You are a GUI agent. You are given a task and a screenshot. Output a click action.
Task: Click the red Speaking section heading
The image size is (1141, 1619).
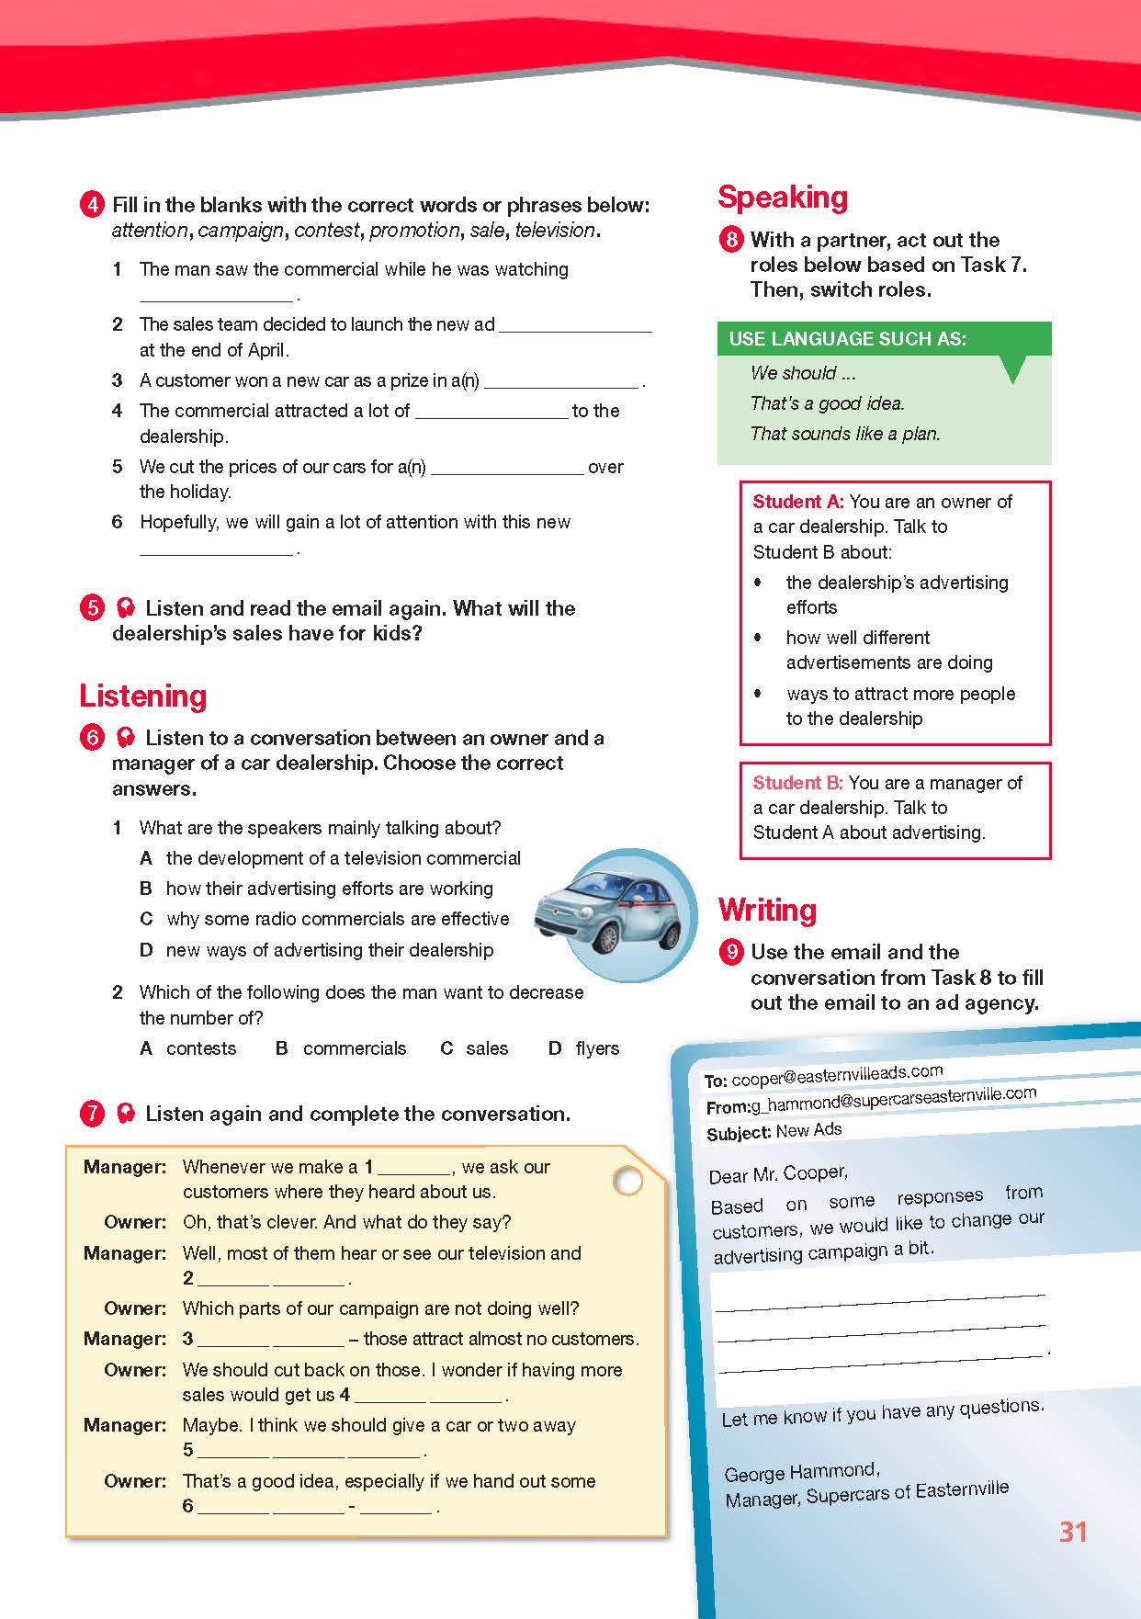[782, 198]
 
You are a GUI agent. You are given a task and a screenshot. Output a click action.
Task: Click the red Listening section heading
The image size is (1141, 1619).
[142, 696]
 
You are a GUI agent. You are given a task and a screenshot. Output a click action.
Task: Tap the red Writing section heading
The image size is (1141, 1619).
[767, 910]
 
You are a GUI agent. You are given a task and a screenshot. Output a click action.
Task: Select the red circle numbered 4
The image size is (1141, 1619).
[92, 204]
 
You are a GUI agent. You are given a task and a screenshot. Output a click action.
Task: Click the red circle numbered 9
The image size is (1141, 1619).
[731, 951]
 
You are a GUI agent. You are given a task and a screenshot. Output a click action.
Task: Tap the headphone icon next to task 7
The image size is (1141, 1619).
[126, 1114]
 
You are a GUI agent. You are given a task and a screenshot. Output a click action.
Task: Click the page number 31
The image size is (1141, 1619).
[1073, 1532]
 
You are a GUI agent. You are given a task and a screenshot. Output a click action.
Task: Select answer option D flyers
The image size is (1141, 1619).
[584, 1048]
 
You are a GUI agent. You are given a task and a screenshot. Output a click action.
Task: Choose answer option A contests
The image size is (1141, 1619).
[188, 1048]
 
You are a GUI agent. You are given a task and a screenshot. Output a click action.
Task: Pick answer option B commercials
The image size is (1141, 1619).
[341, 1048]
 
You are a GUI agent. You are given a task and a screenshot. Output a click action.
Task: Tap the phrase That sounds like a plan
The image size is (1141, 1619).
[845, 434]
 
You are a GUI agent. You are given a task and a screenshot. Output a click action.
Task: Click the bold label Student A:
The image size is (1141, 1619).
[797, 502]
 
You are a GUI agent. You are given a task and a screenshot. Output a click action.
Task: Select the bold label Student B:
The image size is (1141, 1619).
[797, 783]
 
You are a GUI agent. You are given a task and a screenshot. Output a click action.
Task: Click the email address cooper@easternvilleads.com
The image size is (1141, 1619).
[837, 1075]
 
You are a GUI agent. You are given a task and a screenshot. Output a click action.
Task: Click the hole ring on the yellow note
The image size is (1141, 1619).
[627, 1181]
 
